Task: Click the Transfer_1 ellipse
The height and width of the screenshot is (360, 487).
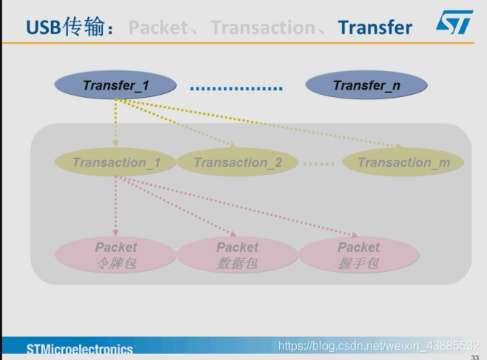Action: tap(116, 85)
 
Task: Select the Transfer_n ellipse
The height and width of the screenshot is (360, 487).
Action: tap(366, 85)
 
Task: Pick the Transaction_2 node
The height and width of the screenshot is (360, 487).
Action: tap(238, 162)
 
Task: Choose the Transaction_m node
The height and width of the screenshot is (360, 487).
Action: tap(403, 162)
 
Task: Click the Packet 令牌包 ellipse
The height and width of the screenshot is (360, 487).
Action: tap(116, 255)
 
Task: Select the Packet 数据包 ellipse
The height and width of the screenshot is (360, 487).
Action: tap(238, 255)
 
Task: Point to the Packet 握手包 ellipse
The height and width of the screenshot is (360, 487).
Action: tap(359, 255)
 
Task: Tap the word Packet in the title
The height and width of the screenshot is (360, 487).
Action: tap(164, 28)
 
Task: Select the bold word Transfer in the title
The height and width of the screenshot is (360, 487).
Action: tap(375, 28)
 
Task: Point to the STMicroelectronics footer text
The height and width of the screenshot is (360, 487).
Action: tap(80, 349)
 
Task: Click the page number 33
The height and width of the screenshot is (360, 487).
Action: tap(474, 356)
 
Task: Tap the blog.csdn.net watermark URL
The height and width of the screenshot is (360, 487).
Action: tap(378, 346)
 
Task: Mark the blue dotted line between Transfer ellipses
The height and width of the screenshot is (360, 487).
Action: tap(236, 89)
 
